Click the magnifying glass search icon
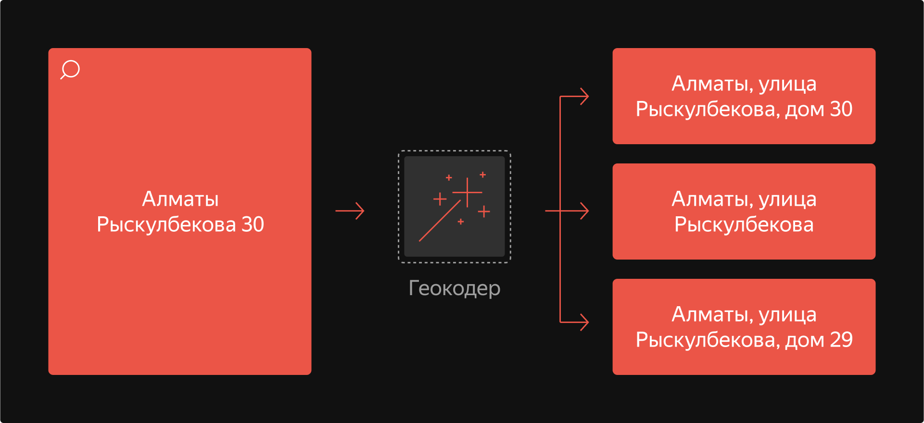click(x=70, y=69)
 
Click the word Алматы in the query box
click(x=180, y=199)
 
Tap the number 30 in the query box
click(x=253, y=224)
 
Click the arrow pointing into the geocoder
click(x=350, y=211)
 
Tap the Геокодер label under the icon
click(x=454, y=288)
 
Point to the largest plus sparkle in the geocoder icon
click(x=467, y=192)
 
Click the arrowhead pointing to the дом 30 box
click(x=584, y=96)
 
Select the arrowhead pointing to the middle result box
click(x=584, y=211)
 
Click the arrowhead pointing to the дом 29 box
click(x=584, y=322)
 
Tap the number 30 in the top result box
click(x=841, y=109)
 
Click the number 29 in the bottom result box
click(x=841, y=340)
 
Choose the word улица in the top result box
click(x=787, y=84)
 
